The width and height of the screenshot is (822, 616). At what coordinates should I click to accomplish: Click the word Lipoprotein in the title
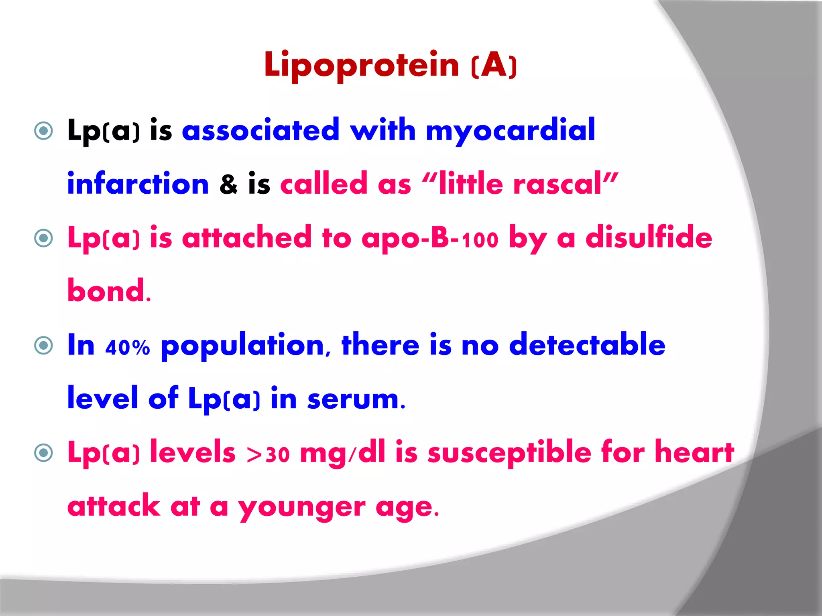click(361, 65)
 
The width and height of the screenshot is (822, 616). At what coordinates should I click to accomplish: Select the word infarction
click(138, 184)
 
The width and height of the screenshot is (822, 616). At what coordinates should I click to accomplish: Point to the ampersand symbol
click(228, 185)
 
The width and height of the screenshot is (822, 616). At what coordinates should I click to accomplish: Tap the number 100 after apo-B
click(480, 240)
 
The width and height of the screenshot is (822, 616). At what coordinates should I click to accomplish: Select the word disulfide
click(649, 237)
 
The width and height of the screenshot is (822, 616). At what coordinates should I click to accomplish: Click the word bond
click(106, 291)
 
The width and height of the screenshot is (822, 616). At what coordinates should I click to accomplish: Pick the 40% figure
click(128, 347)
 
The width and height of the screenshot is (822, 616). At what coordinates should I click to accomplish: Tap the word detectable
click(587, 344)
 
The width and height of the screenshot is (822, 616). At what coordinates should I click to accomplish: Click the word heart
click(694, 452)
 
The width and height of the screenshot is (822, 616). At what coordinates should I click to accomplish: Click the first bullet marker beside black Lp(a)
click(44, 131)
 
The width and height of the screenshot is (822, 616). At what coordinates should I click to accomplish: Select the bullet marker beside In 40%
click(44, 345)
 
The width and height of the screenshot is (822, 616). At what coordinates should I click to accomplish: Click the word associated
click(260, 131)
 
